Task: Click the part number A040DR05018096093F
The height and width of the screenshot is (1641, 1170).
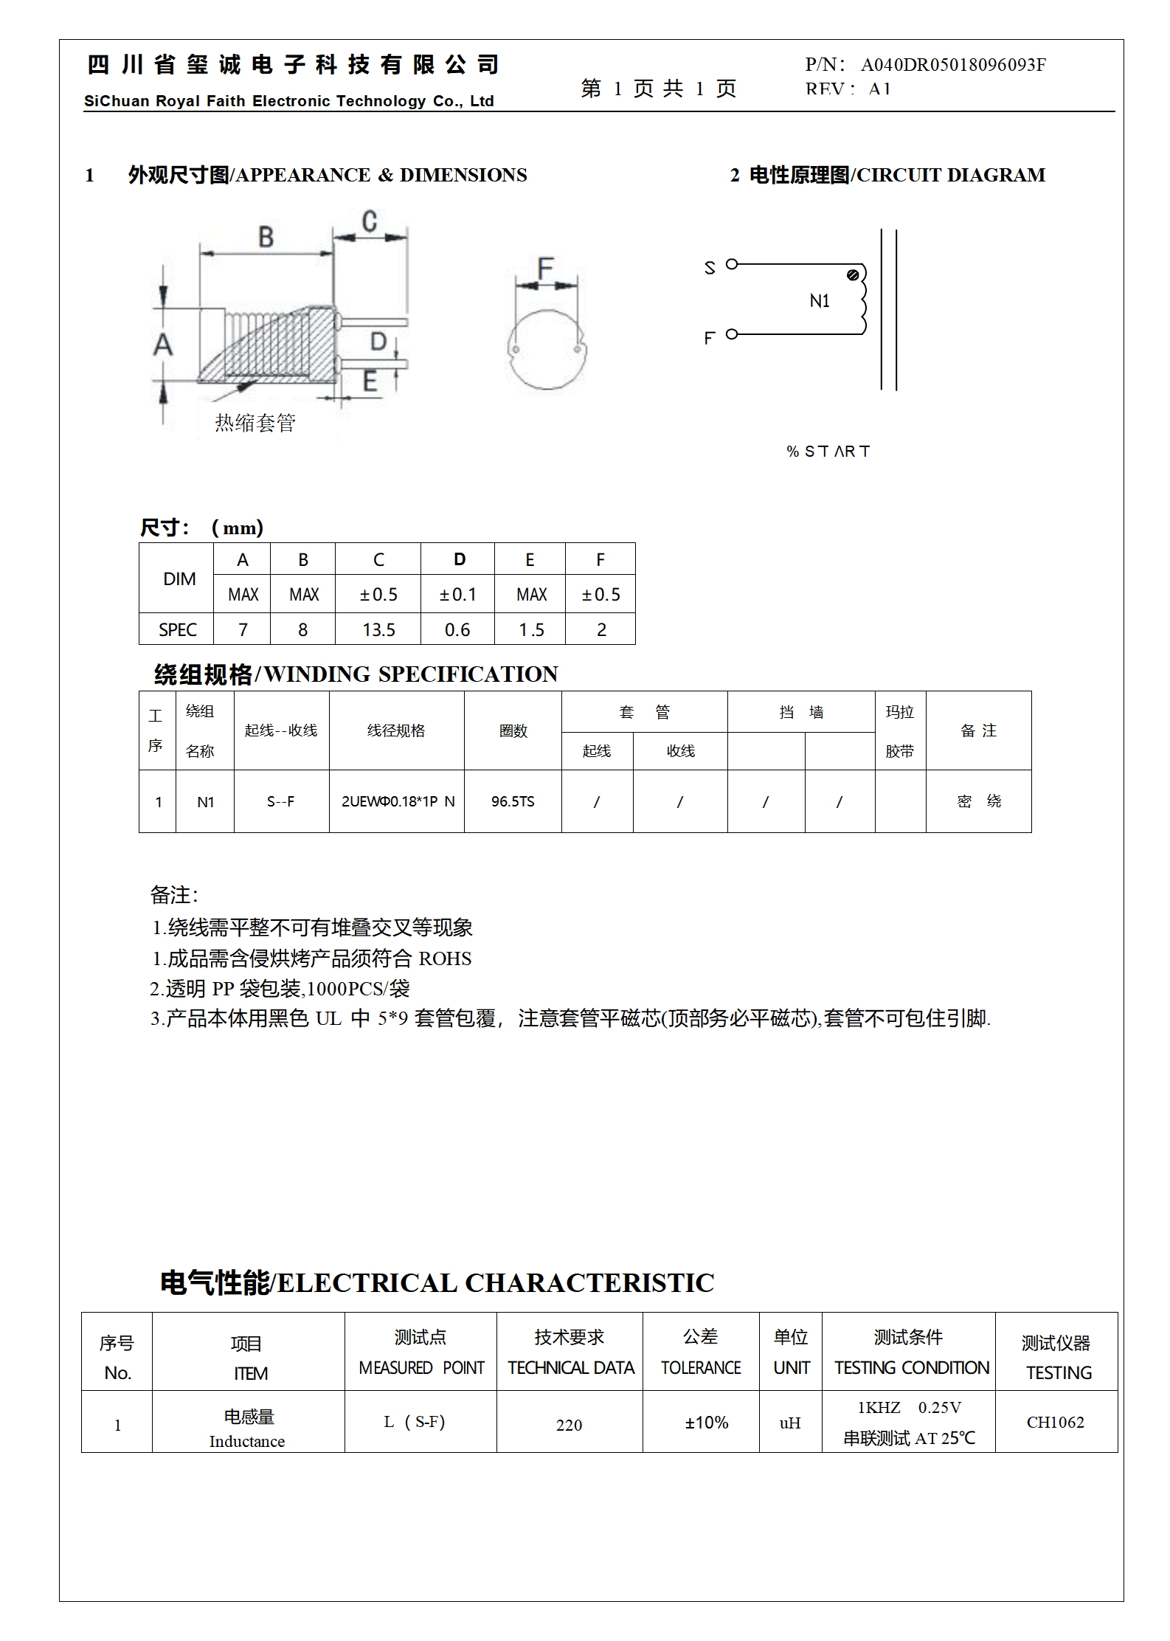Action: [952, 65]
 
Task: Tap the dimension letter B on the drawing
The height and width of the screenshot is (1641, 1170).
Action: [266, 237]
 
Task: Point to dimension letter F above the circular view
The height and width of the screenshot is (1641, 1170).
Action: [545, 267]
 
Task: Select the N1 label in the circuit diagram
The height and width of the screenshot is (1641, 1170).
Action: [819, 301]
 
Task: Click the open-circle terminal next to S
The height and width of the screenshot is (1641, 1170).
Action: [732, 264]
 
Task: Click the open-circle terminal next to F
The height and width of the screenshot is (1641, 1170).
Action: [732, 334]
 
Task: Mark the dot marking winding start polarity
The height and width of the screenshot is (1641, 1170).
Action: [853, 275]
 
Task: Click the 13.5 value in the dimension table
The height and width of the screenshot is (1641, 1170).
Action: [378, 629]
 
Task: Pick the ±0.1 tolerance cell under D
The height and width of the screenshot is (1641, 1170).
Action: [457, 595]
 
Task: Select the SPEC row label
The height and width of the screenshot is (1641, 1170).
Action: [177, 629]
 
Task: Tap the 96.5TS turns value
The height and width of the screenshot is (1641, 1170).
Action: [513, 801]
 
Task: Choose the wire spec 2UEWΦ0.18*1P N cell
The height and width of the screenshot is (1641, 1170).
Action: [398, 801]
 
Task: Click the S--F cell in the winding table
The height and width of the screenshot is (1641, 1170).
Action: [280, 801]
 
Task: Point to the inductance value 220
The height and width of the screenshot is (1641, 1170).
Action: [569, 1425]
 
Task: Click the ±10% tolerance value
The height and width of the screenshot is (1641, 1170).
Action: [706, 1423]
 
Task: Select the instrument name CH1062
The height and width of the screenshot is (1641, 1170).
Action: [1055, 1423]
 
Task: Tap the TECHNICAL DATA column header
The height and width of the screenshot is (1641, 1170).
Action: [570, 1368]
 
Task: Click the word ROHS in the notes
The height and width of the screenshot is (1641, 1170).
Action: [445, 958]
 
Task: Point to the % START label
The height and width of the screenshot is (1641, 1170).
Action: [828, 451]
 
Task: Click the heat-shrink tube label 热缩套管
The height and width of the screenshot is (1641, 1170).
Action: [255, 423]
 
